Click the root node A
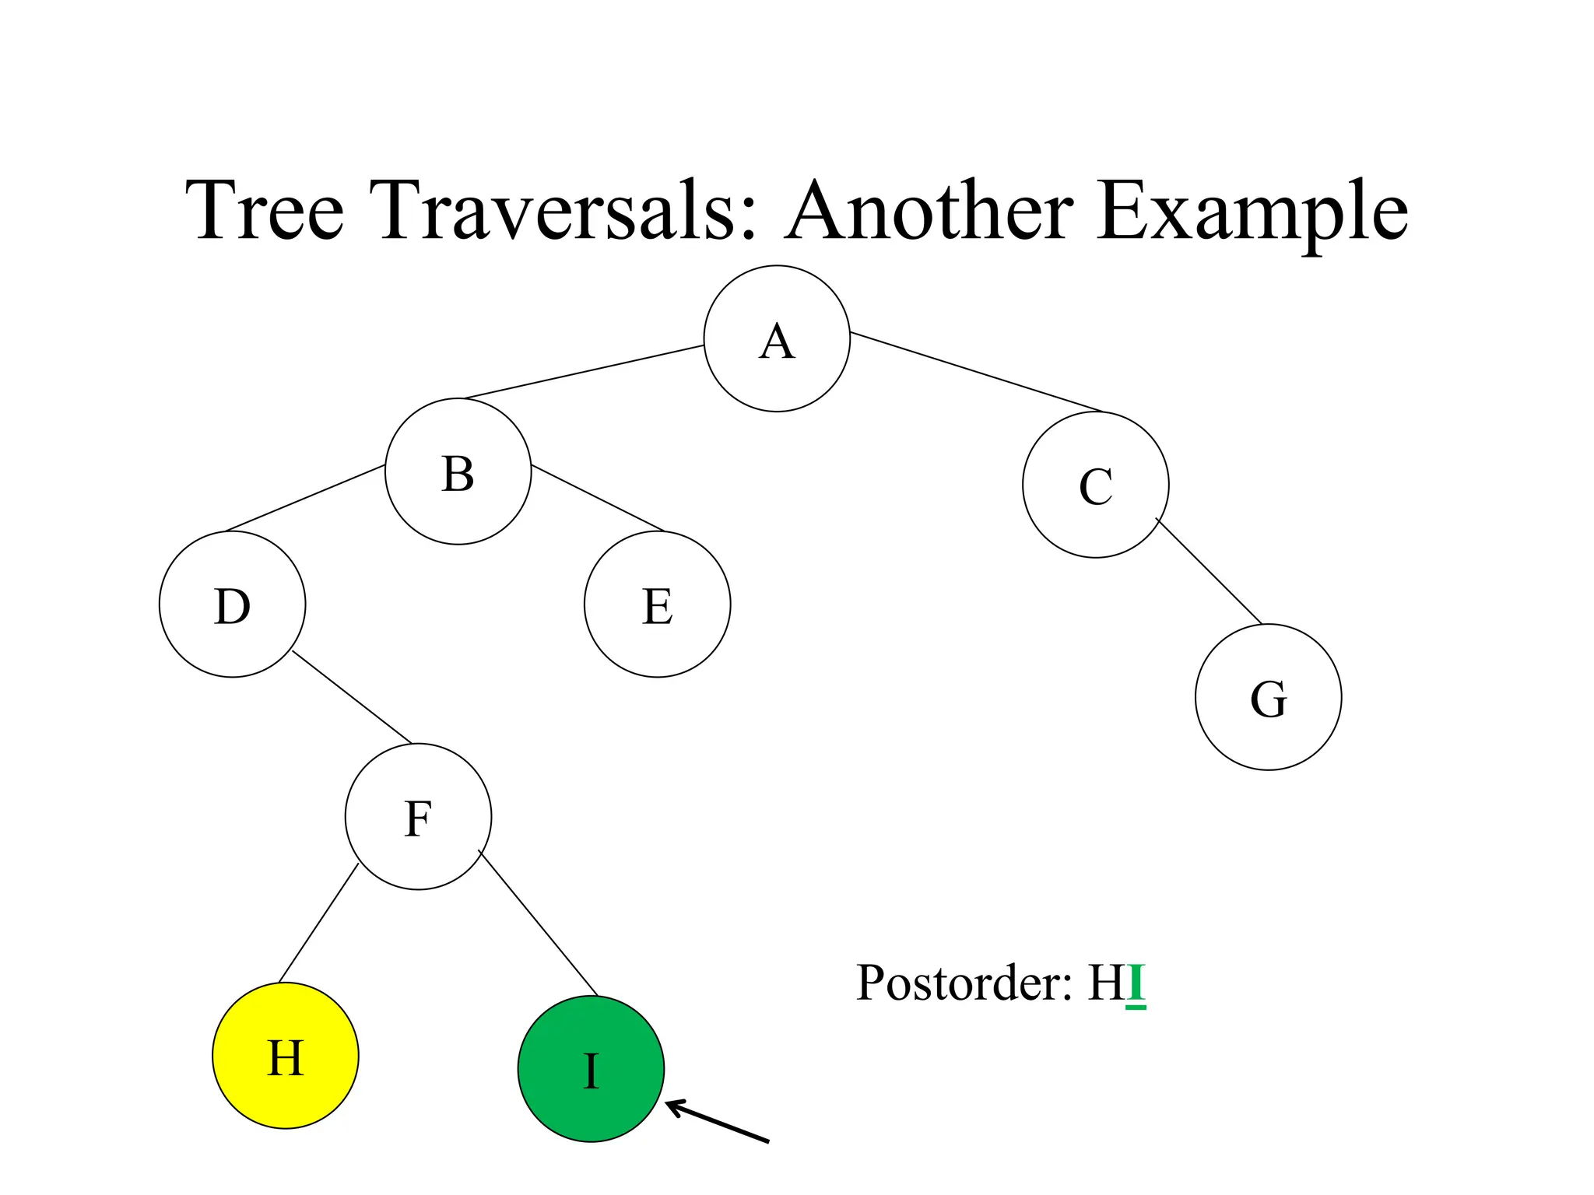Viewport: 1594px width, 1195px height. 777,338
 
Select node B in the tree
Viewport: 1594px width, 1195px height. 458,471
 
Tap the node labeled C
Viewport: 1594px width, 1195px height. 1095,485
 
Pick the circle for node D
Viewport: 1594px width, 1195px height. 232,605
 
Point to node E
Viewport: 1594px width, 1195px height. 657,605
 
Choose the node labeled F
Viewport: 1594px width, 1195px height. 418,817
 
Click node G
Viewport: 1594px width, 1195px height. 1268,697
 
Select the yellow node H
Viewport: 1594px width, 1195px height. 285,1056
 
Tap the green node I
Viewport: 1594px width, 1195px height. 591,1069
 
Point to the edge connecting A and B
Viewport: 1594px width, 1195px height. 584,372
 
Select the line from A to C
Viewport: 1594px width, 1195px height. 977,373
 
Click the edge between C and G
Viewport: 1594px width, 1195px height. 1209,571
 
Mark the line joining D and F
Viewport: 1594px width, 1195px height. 352,697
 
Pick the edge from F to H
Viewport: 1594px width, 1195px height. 318,923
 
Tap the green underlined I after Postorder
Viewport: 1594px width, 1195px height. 1136,983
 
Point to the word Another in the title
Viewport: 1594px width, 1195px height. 929,210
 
